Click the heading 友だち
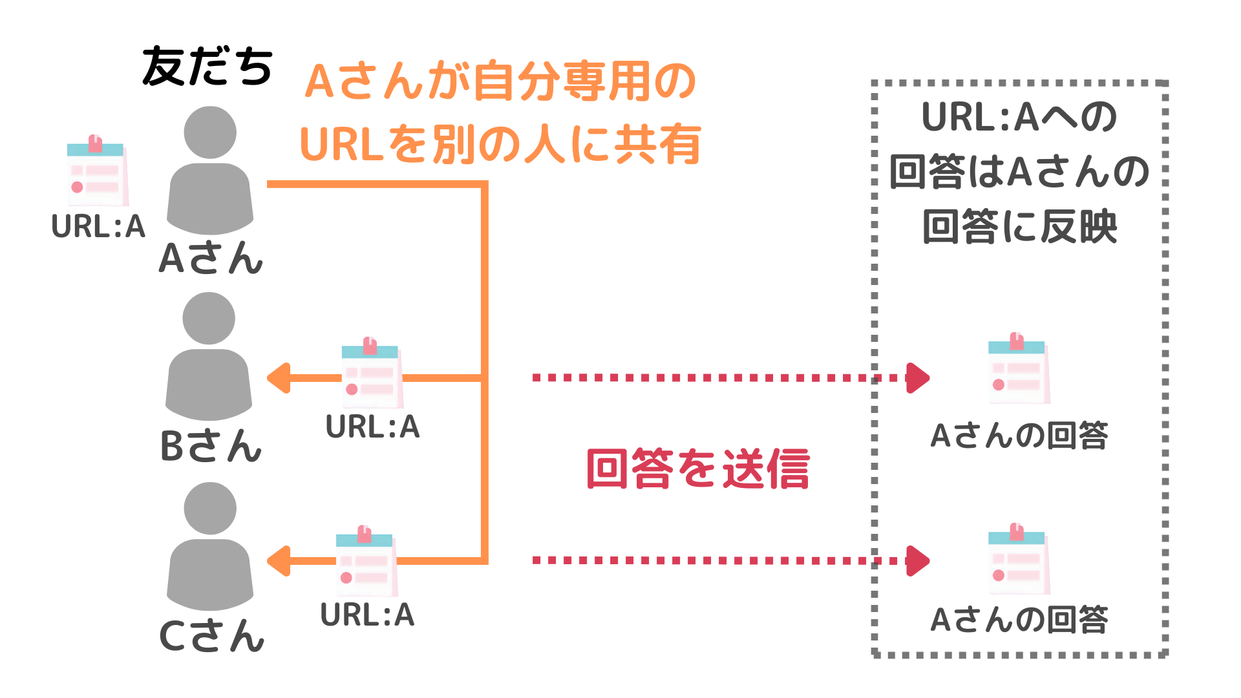(207, 67)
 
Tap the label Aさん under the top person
(211, 258)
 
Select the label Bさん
(211, 446)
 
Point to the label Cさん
(211, 636)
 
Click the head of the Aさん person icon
(210, 132)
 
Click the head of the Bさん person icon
(209, 319)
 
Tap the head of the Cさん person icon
(210, 509)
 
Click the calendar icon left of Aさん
(98, 171)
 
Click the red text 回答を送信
(698, 469)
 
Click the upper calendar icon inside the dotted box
(1019, 369)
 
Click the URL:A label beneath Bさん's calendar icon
(373, 427)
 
